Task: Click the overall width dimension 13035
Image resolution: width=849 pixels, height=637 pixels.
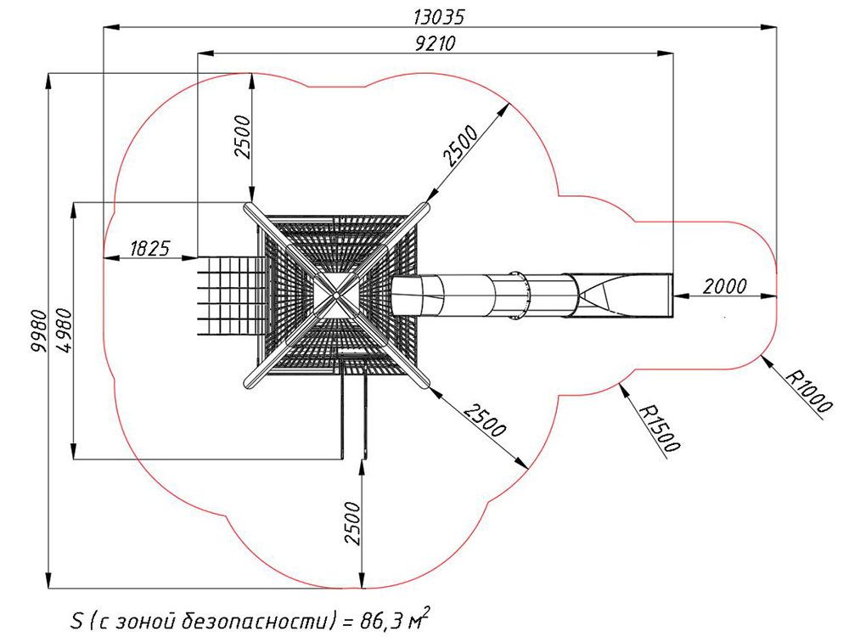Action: (439, 17)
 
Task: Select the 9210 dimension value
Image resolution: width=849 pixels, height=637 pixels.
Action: (435, 43)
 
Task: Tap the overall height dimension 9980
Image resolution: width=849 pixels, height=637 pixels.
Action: (39, 331)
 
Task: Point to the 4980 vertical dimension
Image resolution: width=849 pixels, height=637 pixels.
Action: (63, 330)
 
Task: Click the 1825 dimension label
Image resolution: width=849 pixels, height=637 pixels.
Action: (150, 248)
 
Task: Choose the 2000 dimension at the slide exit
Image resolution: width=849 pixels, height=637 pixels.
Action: (724, 286)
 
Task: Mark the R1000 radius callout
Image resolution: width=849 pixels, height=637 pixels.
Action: (808, 391)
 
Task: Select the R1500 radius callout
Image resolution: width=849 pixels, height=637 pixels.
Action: (659, 428)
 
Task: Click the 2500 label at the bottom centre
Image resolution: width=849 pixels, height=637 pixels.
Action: (352, 523)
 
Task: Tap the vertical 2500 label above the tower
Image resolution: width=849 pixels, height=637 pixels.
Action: (243, 137)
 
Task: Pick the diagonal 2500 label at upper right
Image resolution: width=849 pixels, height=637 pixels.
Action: (460, 145)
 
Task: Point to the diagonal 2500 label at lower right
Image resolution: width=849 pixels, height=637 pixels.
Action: (485, 420)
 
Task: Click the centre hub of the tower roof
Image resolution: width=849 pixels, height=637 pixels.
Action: (335, 296)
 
